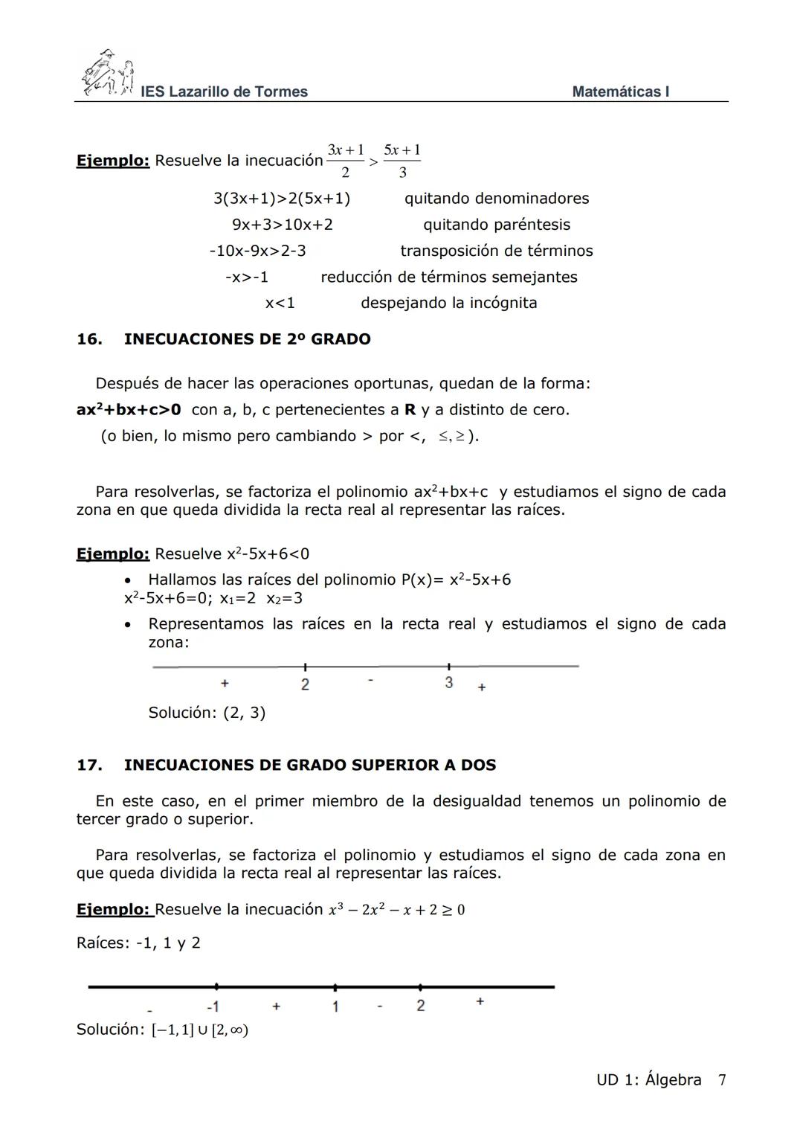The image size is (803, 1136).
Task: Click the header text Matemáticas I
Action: (620, 92)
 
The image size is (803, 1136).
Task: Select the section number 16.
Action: (88, 339)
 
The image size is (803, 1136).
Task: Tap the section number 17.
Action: (88, 765)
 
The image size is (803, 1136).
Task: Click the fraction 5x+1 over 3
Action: (402, 161)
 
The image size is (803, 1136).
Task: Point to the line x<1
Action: (280, 303)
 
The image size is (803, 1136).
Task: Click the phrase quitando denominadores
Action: (496, 199)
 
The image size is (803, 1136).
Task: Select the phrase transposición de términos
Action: (496, 251)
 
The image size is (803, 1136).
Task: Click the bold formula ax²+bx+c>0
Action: (129, 410)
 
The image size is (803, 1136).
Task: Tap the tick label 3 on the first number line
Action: (449, 683)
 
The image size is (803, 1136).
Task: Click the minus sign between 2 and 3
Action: (371, 681)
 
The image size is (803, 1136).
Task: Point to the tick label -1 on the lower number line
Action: (213, 1007)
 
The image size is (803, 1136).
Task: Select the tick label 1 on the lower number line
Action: (335, 1007)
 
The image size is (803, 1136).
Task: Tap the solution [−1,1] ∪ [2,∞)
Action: (199, 1030)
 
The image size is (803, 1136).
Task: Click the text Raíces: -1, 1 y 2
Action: (138, 943)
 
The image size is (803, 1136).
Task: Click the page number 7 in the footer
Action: (722, 1080)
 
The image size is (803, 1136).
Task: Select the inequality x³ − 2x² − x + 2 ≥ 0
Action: (396, 910)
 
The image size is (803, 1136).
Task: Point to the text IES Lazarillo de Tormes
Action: (224, 92)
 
